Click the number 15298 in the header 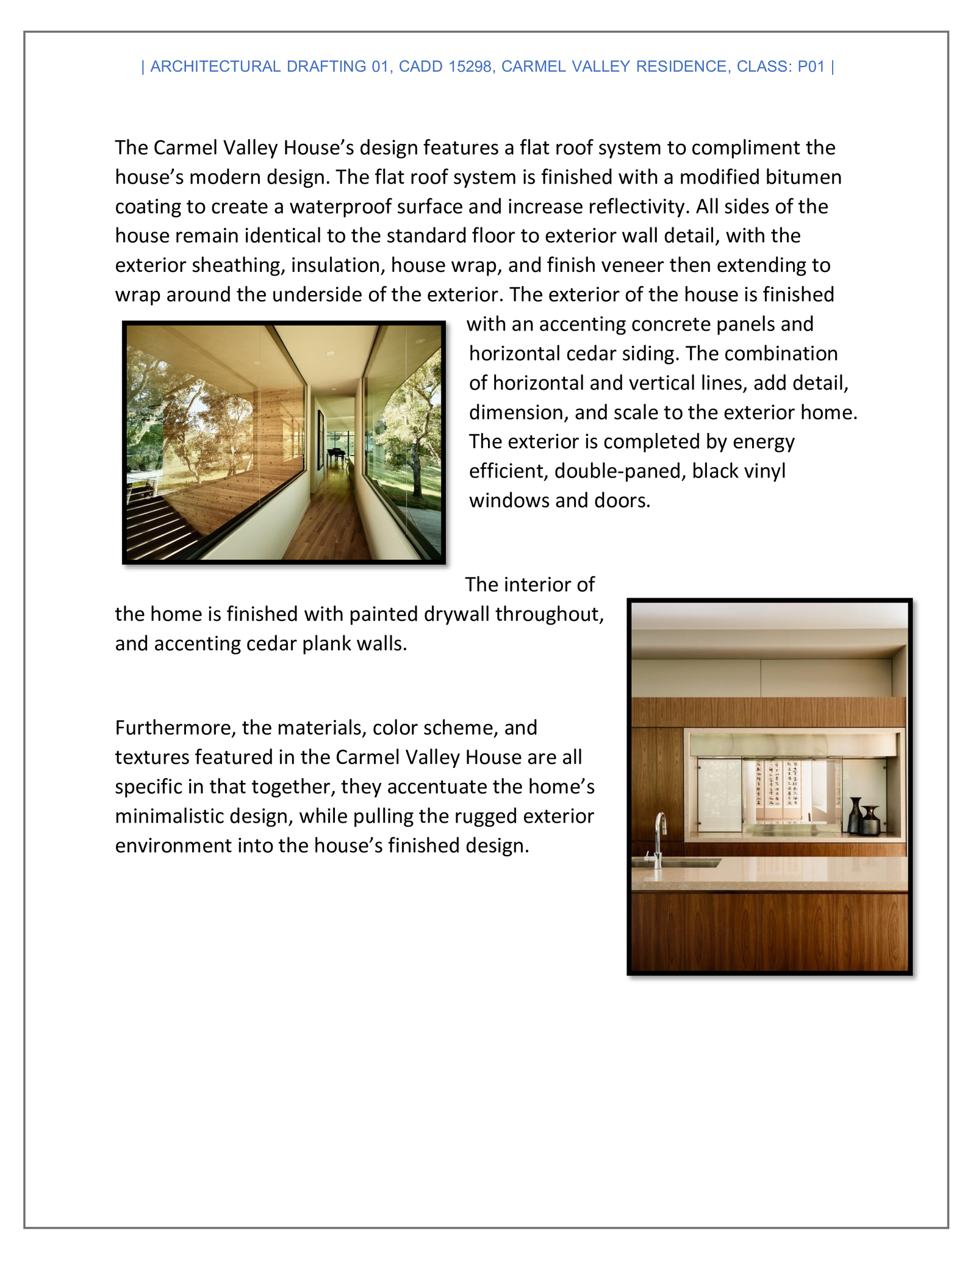470,66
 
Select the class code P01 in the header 811,66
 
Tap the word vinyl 762,471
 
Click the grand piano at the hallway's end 336,455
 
